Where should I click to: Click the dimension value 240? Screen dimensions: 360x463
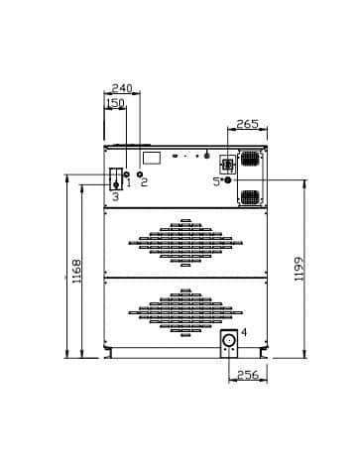pos(122,88)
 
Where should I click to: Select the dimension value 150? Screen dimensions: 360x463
pos(116,103)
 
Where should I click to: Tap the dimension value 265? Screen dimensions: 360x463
pos(248,124)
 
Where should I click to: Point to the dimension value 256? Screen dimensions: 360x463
pos(248,375)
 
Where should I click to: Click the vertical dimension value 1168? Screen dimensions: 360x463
pos(76,271)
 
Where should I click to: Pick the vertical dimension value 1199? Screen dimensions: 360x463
pos(299,270)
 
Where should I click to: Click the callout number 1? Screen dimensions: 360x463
pos(129,182)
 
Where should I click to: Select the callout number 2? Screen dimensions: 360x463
pos(144,181)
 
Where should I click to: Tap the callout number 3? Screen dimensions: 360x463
pos(115,196)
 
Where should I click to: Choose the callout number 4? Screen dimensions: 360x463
pos(244,332)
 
